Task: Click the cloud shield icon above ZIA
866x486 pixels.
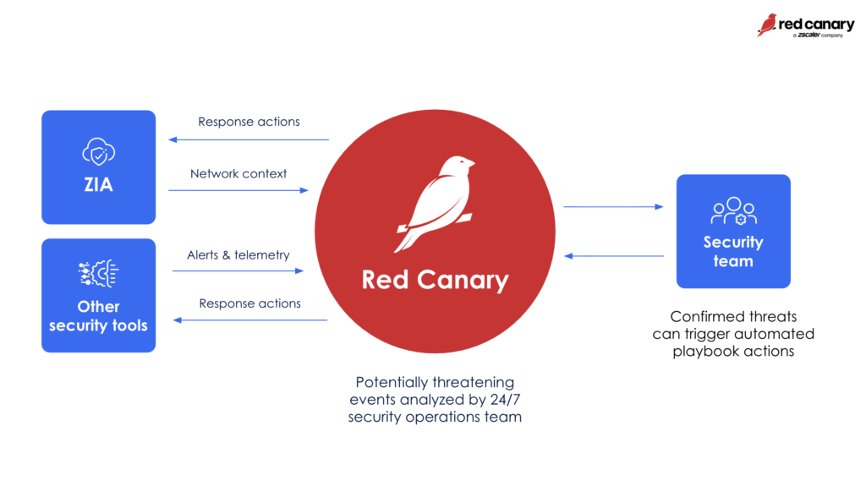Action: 98,151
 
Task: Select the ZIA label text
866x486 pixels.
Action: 98,185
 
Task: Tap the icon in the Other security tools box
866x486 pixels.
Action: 98,275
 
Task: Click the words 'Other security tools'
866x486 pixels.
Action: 98,315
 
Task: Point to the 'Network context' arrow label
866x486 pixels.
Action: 238,173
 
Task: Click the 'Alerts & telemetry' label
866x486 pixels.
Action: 238,254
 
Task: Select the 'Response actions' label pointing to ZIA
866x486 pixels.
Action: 249,122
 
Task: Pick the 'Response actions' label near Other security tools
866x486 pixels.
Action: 249,303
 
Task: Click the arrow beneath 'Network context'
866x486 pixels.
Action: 238,190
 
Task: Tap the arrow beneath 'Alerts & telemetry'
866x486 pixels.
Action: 238,271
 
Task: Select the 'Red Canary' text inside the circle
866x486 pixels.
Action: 435,279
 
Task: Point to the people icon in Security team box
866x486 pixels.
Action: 733,210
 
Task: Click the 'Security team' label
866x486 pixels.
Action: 733,252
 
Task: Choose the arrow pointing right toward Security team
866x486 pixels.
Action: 613,206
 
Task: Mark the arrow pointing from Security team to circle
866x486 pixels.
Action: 613,255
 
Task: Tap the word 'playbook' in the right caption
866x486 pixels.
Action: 704,351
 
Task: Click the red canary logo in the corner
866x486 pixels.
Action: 805,25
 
